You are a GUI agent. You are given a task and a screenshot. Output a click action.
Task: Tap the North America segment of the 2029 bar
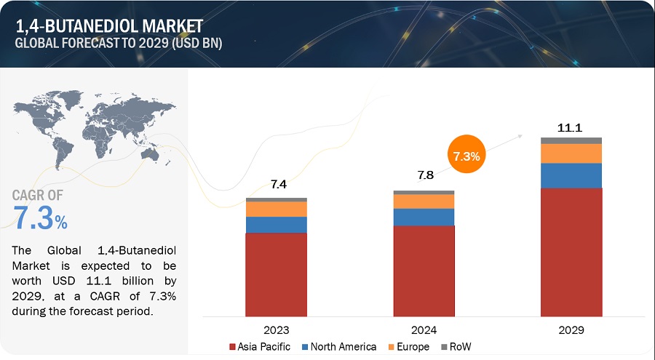[571, 175]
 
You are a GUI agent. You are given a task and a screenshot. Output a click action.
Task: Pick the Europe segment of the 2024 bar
[424, 201]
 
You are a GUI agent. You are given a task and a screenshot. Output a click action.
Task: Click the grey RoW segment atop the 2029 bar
[571, 140]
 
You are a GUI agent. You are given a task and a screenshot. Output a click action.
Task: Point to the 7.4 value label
[276, 185]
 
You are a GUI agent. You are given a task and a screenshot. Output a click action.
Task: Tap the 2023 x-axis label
[276, 328]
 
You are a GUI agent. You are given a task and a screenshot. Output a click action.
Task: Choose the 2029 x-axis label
[571, 328]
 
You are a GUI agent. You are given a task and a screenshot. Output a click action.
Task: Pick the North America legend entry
[338, 346]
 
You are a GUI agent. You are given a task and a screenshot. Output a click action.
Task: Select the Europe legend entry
[408, 346]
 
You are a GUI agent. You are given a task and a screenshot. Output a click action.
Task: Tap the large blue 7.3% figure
[41, 219]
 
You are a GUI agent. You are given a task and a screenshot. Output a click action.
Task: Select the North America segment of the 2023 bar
[276, 225]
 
